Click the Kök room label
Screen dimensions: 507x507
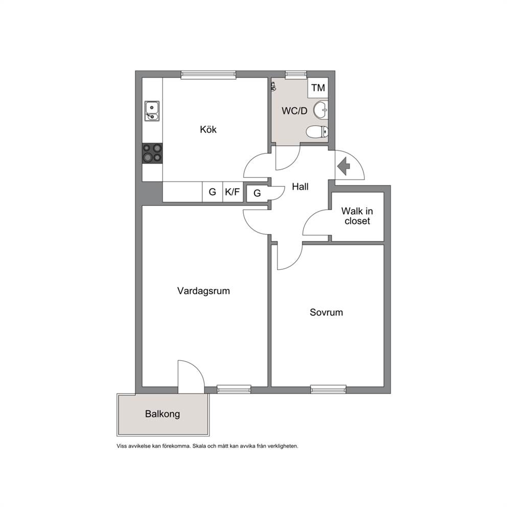click(208, 129)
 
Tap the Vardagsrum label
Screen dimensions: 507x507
click(203, 291)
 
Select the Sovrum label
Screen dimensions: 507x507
click(326, 312)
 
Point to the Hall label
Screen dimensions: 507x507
click(300, 187)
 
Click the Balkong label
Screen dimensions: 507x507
click(163, 414)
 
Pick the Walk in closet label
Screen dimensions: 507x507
click(357, 216)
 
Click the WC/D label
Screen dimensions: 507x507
click(294, 111)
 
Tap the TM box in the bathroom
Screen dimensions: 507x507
click(318, 87)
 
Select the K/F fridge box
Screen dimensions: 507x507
click(233, 192)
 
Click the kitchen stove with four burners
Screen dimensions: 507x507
click(152, 153)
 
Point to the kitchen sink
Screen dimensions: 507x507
click(152, 111)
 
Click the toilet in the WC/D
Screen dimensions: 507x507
click(317, 131)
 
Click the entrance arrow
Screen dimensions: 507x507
click(344, 166)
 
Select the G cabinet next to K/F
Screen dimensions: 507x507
click(213, 192)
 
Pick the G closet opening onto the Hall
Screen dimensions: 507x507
click(258, 193)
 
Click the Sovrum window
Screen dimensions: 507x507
click(328, 389)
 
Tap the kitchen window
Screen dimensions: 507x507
click(208, 75)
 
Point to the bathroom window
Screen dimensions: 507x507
click(296, 75)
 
